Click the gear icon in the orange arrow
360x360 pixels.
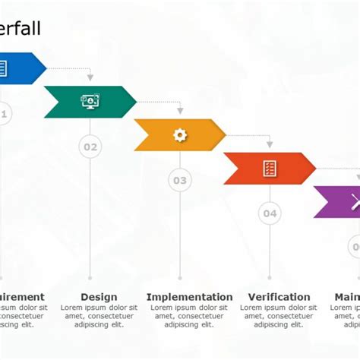180,135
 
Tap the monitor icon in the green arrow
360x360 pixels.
90,102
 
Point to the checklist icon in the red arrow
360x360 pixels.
270,169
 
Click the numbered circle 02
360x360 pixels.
90,147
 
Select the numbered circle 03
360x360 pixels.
180,181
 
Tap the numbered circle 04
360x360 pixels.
270,213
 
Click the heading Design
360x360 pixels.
99,297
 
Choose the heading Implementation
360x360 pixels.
189,297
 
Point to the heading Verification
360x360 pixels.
279,297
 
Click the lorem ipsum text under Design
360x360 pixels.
99,316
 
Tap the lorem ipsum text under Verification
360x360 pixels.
279,316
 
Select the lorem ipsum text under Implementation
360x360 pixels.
189,316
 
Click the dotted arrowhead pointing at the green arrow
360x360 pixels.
90,77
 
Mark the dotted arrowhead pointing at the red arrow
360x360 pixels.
270,144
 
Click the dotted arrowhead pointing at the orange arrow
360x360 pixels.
180,110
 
